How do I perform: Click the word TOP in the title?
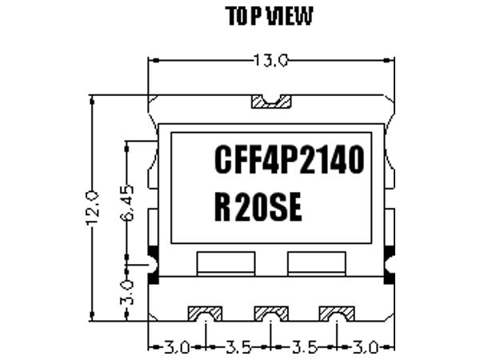(241, 16)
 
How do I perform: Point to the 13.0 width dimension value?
(271, 60)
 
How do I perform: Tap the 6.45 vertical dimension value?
(128, 204)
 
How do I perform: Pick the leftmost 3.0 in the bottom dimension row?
(176, 348)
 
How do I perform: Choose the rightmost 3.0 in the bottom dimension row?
(366, 348)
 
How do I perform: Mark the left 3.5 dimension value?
(238, 348)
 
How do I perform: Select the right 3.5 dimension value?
(304, 348)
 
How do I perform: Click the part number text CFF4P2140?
(289, 160)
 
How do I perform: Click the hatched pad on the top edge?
(271, 102)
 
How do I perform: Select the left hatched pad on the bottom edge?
(206, 312)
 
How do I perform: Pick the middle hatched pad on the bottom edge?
(271, 312)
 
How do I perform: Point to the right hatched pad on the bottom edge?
(337, 312)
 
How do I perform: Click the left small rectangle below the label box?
(226, 262)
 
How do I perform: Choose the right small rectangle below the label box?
(317, 262)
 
